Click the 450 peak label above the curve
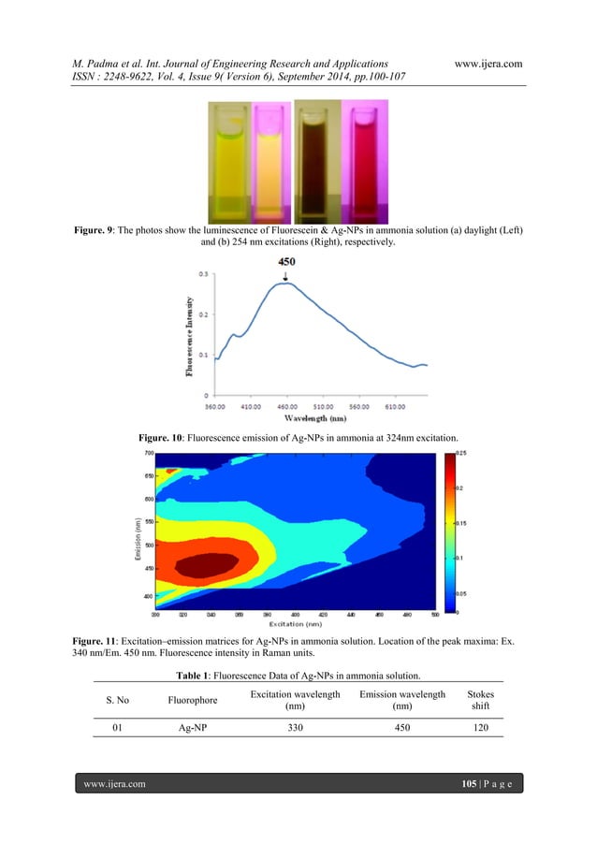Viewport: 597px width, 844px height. [287, 262]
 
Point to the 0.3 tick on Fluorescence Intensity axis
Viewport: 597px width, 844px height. [204, 274]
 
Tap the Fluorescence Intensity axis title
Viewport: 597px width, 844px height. [191, 338]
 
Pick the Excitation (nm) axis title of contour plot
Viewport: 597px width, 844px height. [296, 623]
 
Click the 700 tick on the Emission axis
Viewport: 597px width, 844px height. [149, 453]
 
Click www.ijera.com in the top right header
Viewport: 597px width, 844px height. [487, 63]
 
